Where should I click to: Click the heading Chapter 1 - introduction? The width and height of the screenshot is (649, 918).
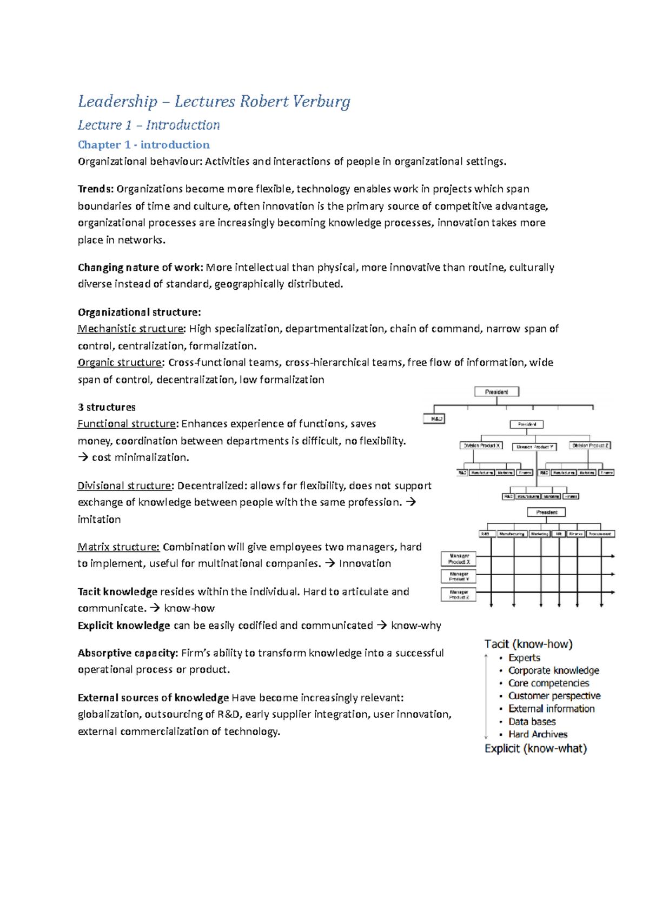click(143, 145)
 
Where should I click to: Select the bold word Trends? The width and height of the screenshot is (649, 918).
click(96, 189)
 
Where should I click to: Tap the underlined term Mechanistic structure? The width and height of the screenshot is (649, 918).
click(131, 329)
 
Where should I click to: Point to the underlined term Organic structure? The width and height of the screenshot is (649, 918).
click(120, 362)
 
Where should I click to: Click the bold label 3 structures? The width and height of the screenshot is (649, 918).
click(107, 407)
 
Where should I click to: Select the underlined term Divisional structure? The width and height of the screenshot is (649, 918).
click(125, 485)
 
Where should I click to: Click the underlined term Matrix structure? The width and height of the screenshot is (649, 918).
click(118, 547)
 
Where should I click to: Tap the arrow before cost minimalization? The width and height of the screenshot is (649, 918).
click(83, 457)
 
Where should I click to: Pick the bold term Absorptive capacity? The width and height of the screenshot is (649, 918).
click(128, 653)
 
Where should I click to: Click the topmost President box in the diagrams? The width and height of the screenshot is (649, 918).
click(496, 391)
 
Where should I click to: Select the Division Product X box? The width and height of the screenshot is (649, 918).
click(481, 445)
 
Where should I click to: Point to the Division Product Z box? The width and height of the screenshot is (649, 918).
click(590, 445)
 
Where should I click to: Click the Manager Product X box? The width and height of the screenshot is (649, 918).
click(459, 558)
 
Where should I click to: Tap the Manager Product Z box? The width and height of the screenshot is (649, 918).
click(459, 595)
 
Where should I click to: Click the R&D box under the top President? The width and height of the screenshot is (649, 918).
click(434, 419)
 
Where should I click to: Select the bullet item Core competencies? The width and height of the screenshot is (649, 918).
click(548, 683)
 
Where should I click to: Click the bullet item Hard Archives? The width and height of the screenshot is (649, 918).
click(538, 734)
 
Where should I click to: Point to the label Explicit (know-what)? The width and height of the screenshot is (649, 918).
click(535, 749)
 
